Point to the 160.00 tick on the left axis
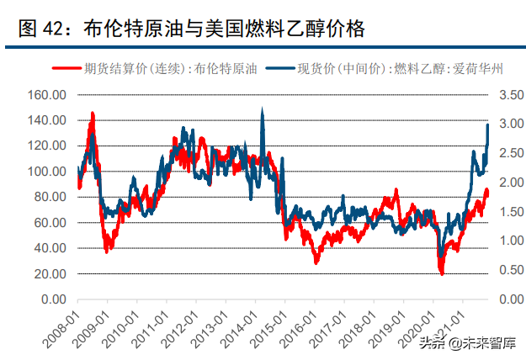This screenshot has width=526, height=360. (46, 94)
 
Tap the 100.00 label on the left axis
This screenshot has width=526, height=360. (46, 172)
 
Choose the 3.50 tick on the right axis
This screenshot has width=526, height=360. (512, 94)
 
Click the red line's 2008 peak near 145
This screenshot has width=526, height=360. (92, 114)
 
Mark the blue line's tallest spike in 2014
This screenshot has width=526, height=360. (263, 109)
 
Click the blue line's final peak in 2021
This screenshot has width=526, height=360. (489, 124)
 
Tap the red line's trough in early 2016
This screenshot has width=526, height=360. (316, 262)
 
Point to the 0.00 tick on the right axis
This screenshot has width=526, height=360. (512, 299)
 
